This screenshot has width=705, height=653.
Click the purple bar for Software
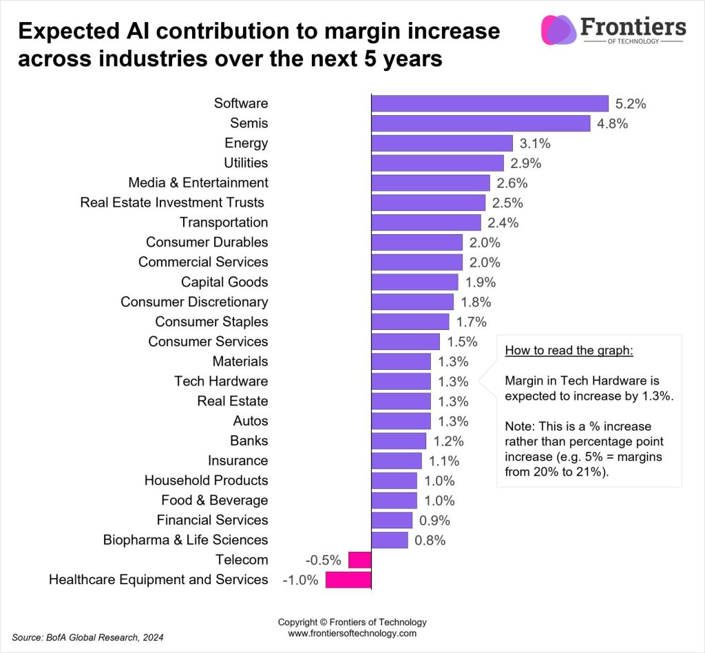point(490,103)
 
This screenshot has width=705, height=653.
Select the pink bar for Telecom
point(359,560)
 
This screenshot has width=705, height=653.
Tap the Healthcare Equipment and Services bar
point(348,580)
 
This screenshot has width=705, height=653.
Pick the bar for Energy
point(442,143)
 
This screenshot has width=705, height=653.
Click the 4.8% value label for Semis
point(611,124)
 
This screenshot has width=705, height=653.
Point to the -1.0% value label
point(300,580)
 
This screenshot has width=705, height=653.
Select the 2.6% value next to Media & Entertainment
point(511,183)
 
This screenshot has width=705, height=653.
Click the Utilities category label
point(246,163)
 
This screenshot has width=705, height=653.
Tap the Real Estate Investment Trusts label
point(172,203)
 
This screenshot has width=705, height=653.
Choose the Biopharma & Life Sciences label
point(185,540)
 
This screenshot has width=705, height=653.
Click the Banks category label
point(249,441)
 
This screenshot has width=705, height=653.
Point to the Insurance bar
point(397,461)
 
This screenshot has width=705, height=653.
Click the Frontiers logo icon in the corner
point(558,30)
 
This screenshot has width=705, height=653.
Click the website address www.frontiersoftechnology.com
point(352,633)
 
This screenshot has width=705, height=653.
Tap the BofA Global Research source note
point(88,637)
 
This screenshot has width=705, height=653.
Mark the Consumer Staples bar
point(410,322)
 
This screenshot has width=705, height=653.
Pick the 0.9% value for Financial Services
point(435,521)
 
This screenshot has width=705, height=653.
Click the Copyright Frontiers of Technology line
point(352,621)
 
